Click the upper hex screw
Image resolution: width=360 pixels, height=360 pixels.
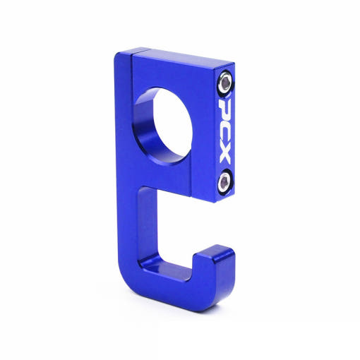[225, 83]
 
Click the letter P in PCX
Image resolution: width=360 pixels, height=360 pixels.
[224, 108]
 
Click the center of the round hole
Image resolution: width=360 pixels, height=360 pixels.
[172, 125]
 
